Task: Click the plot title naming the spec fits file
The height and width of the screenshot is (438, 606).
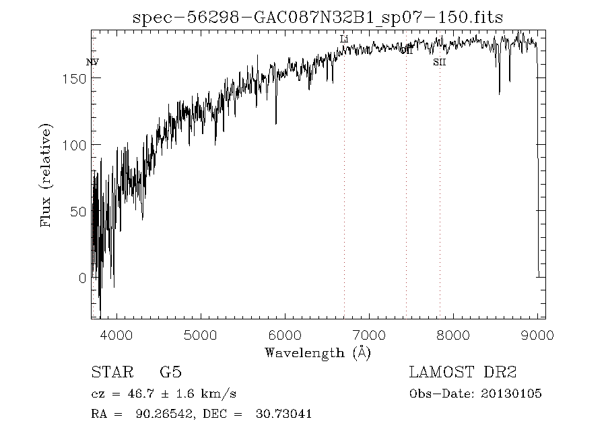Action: click(317, 18)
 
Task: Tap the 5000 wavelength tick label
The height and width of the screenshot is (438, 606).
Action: click(201, 335)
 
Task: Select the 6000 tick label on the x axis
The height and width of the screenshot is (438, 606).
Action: click(285, 335)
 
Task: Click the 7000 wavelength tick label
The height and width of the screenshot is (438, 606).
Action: click(369, 335)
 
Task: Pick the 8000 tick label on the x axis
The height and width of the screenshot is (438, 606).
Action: click(453, 335)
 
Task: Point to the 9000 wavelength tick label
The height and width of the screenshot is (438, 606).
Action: click(537, 335)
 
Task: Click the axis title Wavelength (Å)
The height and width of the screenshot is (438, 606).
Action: click(318, 352)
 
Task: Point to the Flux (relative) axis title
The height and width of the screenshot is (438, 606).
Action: click(46, 175)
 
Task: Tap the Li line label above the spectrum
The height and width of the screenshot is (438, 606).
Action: click(344, 40)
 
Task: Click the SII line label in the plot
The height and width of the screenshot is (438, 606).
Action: click(439, 63)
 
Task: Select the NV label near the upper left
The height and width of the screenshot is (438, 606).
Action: click(92, 62)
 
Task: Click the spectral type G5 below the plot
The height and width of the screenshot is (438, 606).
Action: click(170, 373)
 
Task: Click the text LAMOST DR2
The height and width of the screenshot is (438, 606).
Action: click(463, 373)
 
